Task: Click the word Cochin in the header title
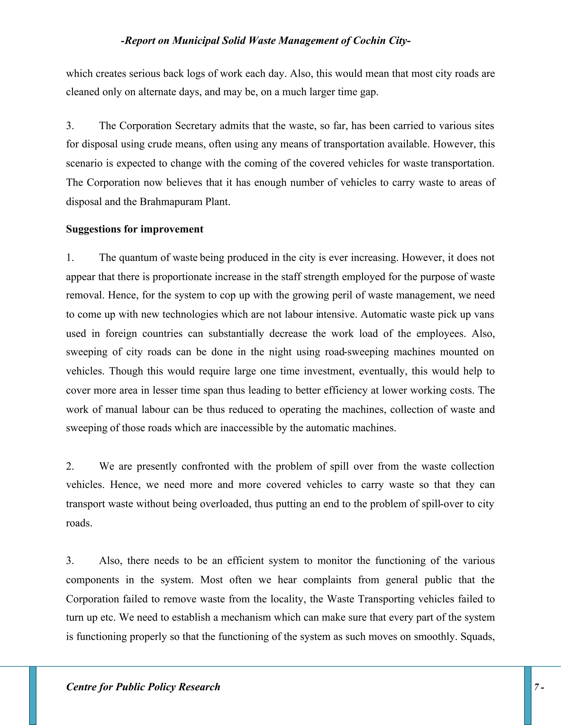pyautogui.click(x=369, y=40)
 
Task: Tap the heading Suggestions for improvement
pyautogui.click(x=134, y=229)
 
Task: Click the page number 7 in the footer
pyautogui.click(x=536, y=687)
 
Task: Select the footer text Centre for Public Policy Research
pyautogui.click(x=143, y=687)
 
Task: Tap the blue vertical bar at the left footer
pyautogui.click(x=33, y=695)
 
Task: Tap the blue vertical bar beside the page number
pyautogui.click(x=527, y=695)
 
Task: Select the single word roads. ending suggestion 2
pyautogui.click(x=79, y=523)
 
